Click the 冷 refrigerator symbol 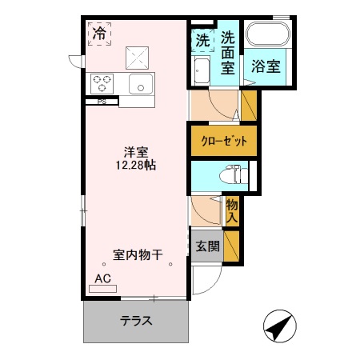[x=99, y=34]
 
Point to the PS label [x=102, y=102]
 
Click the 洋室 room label [x=135, y=151]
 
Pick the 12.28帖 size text [x=135, y=166]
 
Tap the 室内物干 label [x=138, y=255]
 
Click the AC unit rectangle [x=102, y=286]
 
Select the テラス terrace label [x=137, y=322]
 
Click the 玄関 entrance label [x=208, y=246]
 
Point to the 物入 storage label [x=232, y=210]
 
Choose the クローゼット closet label [x=224, y=141]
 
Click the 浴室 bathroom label [x=266, y=66]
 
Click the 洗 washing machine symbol [x=202, y=39]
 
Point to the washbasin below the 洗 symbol [x=202, y=71]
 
